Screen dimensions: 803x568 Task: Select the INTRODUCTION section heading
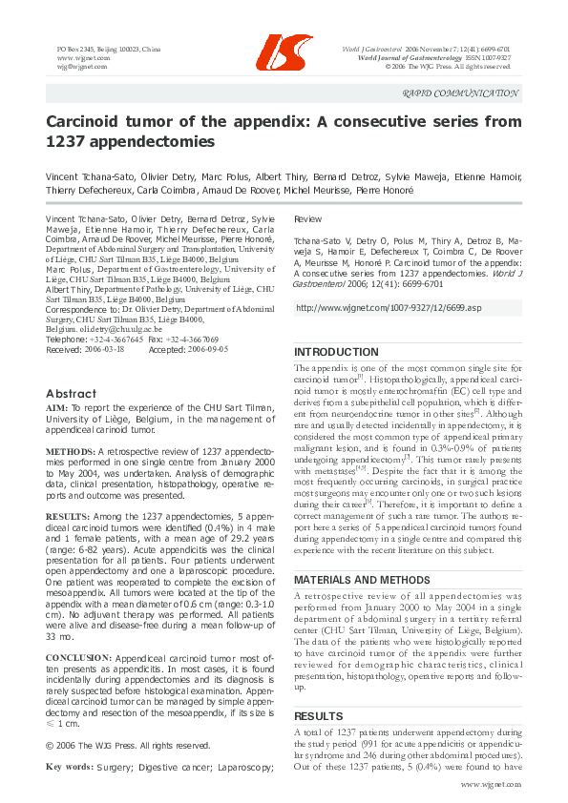click(336, 352)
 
